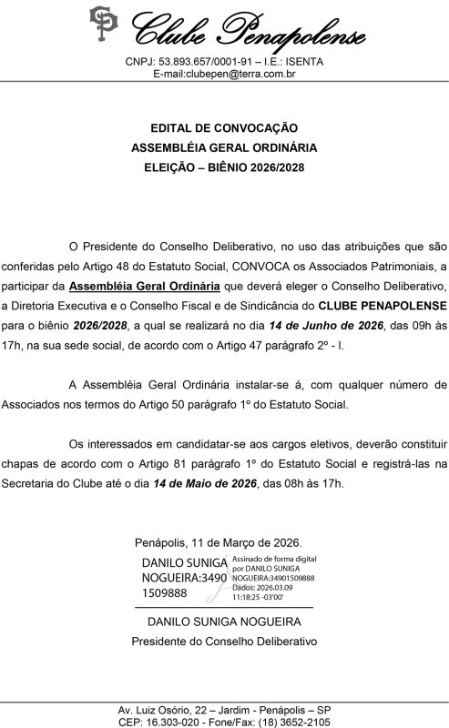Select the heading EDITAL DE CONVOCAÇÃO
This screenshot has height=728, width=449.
coord(224,128)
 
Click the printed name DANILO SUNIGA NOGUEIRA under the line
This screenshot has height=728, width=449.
coord(224,622)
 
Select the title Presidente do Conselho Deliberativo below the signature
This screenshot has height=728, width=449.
coord(224,641)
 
